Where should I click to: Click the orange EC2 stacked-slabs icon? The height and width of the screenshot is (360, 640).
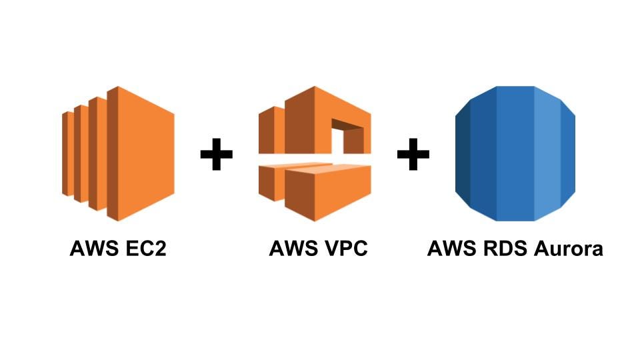click(x=120, y=153)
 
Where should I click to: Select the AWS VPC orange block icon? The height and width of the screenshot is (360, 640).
click(x=314, y=153)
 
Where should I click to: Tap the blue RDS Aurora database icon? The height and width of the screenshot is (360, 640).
click(x=515, y=153)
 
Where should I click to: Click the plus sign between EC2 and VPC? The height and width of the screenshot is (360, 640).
click(x=217, y=155)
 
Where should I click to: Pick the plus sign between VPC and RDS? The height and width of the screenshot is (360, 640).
click(x=413, y=155)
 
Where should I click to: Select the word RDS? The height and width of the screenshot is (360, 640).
click(x=503, y=249)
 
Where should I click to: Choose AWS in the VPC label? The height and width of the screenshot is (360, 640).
click(x=293, y=249)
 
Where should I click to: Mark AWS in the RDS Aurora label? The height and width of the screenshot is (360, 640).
click(x=451, y=249)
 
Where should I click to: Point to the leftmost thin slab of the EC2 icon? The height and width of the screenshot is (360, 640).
click(x=67, y=153)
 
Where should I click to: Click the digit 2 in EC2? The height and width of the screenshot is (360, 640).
click(x=159, y=249)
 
